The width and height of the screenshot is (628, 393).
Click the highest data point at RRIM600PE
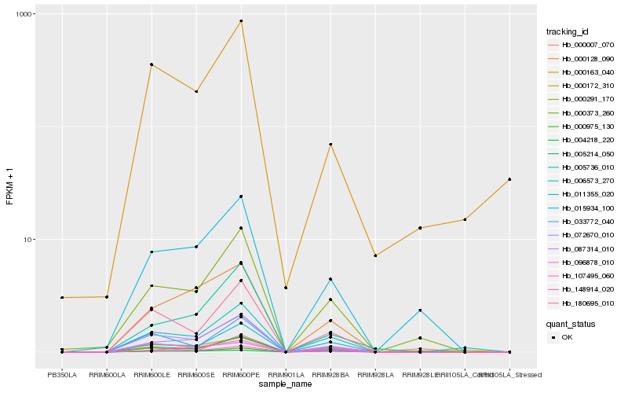click(241, 21)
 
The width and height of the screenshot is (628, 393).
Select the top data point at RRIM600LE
click(152, 64)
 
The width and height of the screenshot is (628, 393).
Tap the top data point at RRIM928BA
click(331, 145)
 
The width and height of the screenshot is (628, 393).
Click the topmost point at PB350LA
click(62, 297)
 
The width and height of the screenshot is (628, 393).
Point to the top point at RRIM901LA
click(286, 288)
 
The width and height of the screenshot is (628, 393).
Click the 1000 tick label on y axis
click(24, 15)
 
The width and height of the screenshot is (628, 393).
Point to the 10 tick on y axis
click(28, 240)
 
